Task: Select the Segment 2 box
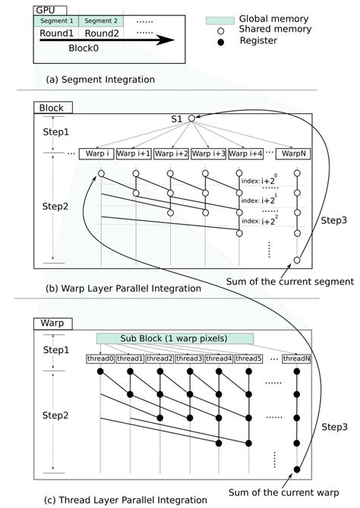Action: (99, 21)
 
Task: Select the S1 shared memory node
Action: (193, 118)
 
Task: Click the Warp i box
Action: (99, 153)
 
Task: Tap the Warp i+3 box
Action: (207, 153)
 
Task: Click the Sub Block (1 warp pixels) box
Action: (175, 336)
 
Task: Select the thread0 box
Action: (99, 358)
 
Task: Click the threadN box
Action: (295, 358)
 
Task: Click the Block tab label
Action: (51, 107)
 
